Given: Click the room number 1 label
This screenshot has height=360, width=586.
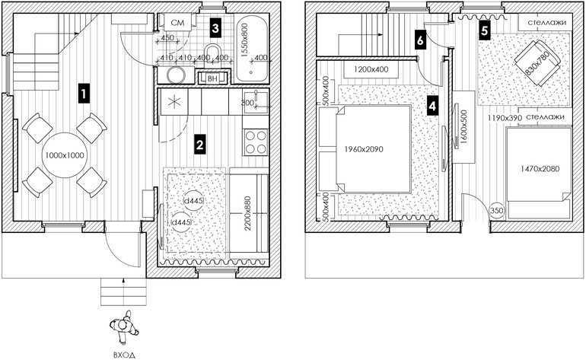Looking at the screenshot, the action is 84,93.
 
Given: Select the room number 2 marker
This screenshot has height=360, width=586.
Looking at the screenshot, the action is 200,145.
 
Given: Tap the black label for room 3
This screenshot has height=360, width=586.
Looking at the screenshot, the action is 215,28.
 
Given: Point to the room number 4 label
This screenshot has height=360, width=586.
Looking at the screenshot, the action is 432,107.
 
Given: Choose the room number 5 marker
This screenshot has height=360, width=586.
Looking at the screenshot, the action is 484,30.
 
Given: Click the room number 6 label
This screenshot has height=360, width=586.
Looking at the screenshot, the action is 420,40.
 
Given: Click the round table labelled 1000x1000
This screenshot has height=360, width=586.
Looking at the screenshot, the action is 65,155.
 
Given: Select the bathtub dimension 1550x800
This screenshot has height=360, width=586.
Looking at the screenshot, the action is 244,40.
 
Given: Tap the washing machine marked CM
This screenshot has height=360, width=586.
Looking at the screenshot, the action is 177,22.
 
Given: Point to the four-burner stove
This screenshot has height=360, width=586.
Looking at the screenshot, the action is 256,142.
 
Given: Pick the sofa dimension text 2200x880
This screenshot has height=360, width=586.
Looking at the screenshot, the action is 247,213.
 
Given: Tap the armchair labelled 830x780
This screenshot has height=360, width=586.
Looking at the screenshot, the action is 537,59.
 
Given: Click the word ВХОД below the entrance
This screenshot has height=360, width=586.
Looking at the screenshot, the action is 124,355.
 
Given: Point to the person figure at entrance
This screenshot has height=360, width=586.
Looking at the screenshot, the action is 124,327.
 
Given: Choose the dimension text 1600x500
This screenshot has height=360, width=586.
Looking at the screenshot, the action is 464,127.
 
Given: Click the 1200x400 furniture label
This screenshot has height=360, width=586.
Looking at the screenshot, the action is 371,69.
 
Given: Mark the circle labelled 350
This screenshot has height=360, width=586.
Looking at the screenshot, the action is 497,211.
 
